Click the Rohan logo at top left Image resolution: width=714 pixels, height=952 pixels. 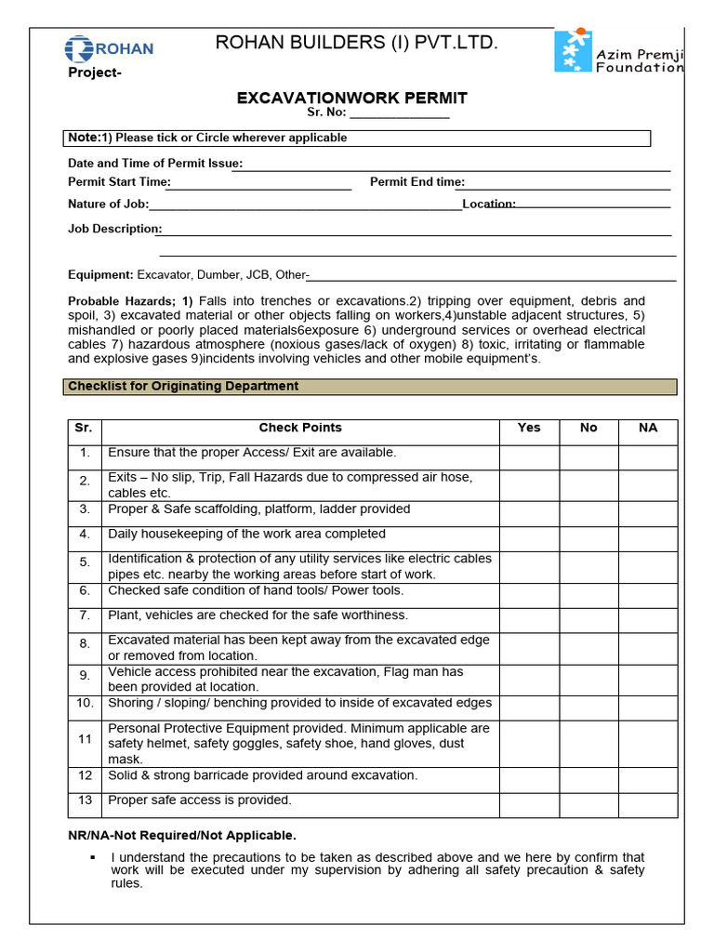[x=109, y=48]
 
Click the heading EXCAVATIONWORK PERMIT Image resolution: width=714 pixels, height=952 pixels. [x=352, y=98]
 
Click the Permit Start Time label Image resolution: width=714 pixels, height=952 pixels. [x=118, y=182]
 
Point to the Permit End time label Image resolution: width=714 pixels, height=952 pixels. [x=417, y=182]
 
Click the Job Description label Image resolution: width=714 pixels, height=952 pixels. [x=114, y=229]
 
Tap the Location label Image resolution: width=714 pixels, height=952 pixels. [x=489, y=204]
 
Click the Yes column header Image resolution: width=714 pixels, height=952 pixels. [x=529, y=428]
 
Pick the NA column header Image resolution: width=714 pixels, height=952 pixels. [x=648, y=428]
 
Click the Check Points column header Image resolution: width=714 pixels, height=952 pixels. [x=300, y=428]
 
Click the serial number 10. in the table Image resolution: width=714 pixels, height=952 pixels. [x=85, y=704]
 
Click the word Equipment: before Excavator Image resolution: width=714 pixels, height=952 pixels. [x=100, y=275]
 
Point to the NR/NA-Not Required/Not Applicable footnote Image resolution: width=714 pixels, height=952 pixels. [x=182, y=835]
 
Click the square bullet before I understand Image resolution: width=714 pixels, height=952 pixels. [x=93, y=856]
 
